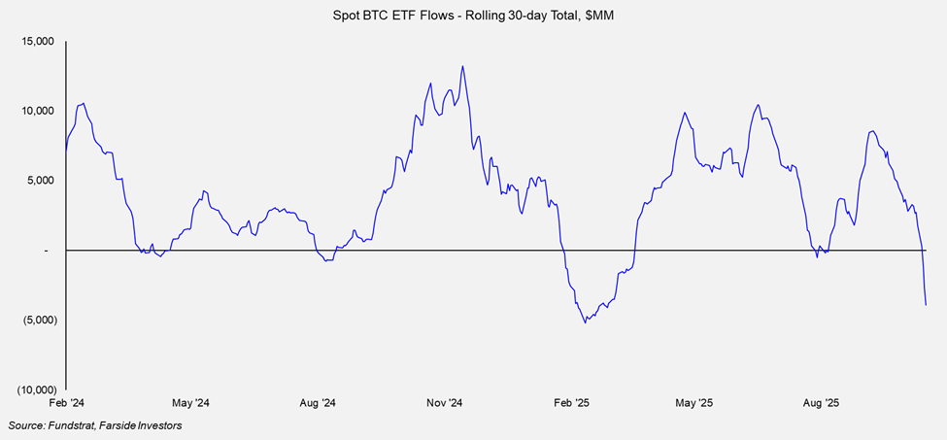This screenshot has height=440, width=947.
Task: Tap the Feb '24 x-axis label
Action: [65, 402]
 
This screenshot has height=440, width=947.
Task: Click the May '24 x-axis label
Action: [190, 402]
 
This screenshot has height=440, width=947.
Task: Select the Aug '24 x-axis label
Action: [317, 402]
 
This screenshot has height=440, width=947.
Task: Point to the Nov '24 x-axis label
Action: [443, 402]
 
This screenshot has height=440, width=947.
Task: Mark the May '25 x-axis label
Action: [693, 402]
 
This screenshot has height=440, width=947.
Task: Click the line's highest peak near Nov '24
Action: [462, 66]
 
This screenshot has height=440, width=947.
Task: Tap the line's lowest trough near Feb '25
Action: [585, 322]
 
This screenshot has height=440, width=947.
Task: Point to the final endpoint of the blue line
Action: [926, 305]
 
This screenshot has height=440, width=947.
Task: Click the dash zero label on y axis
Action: [47, 251]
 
